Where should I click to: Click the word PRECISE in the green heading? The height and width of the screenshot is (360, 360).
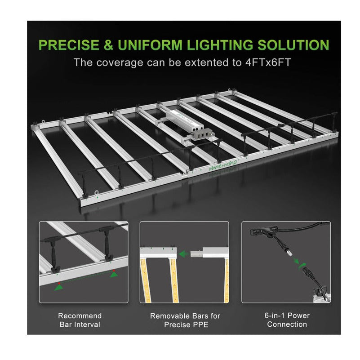click(69, 45)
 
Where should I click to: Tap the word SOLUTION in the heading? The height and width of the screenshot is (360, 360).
click(293, 45)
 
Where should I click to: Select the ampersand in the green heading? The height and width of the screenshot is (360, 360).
click(108, 45)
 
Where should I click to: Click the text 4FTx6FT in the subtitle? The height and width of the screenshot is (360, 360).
click(268, 62)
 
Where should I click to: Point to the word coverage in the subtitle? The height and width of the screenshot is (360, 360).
click(120, 62)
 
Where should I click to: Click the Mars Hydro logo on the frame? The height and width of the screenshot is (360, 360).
click(222, 165)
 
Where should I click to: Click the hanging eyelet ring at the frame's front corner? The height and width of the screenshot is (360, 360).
click(96, 192)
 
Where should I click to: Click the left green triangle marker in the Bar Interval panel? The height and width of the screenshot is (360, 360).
click(59, 287)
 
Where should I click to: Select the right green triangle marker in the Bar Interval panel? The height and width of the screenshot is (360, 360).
click(114, 274)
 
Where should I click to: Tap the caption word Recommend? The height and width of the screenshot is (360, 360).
click(80, 316)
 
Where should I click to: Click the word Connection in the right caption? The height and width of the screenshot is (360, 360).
click(287, 324)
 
